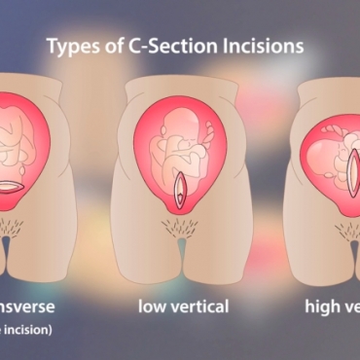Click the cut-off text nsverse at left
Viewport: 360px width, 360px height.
(x=26, y=306)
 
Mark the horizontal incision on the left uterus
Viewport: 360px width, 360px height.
(x=32, y=185)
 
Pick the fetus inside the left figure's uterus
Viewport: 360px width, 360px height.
(x=29, y=136)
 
